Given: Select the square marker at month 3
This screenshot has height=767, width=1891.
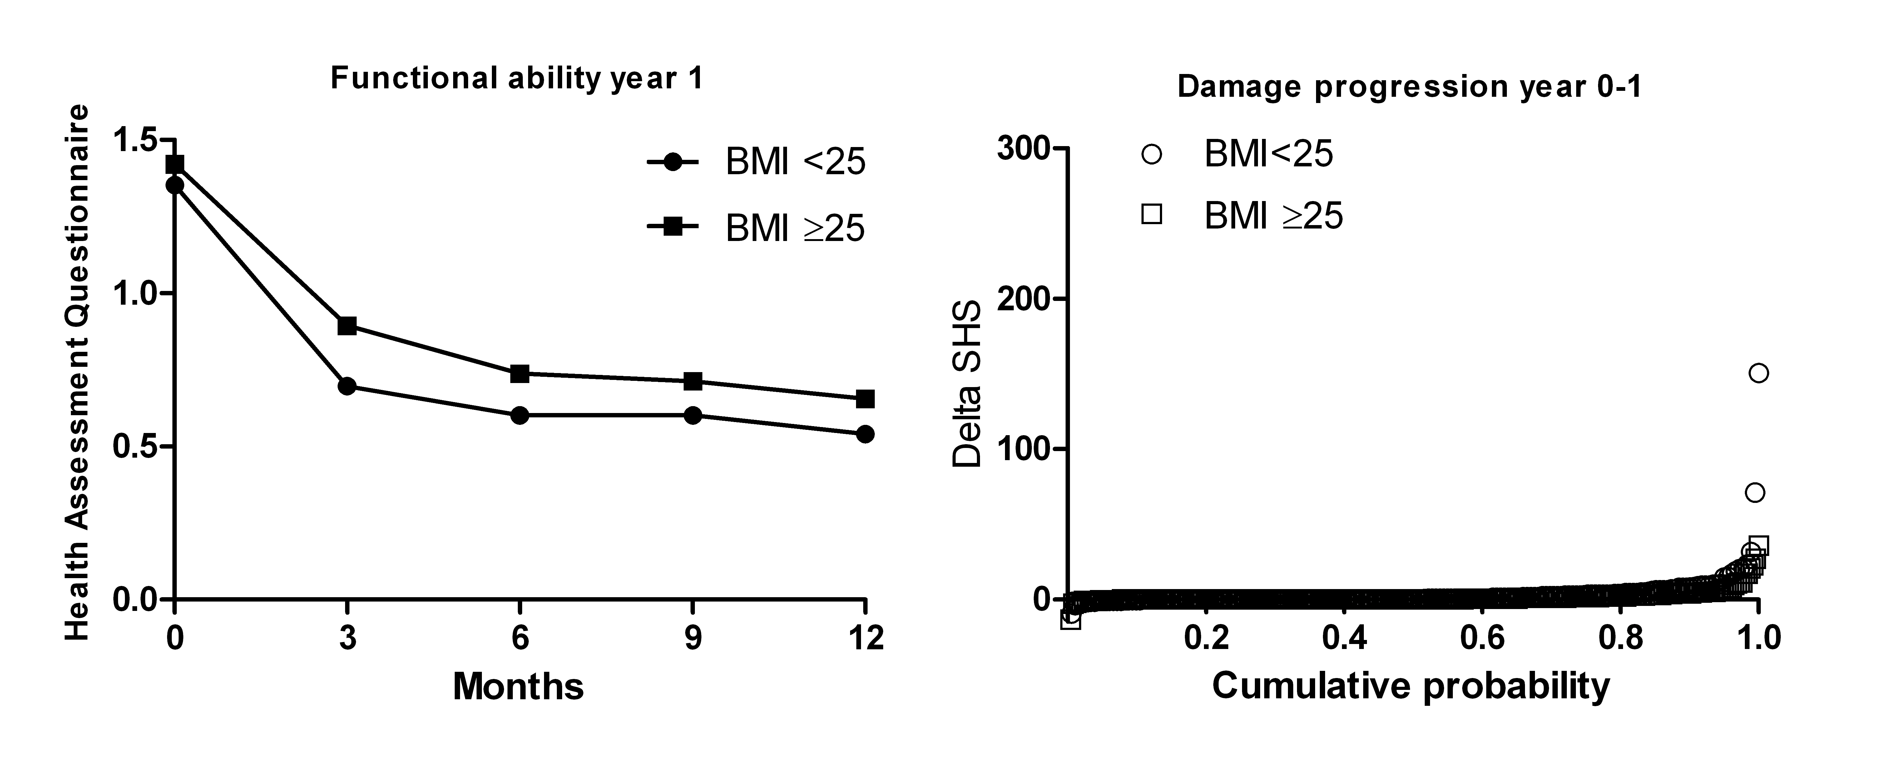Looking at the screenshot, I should tap(347, 326).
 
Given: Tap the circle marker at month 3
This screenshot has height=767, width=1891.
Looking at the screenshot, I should tap(347, 386).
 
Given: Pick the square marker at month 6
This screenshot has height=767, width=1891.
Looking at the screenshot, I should tap(520, 374).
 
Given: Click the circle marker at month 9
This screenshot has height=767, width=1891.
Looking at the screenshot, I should tap(692, 415).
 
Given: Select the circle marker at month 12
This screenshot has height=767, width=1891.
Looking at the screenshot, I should tap(865, 434).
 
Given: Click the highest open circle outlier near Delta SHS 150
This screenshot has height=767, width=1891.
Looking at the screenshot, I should tap(1758, 373).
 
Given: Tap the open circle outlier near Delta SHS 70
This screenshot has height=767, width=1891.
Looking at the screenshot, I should tap(1755, 493).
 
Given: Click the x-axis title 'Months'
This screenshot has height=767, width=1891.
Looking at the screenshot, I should tap(518, 686).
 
